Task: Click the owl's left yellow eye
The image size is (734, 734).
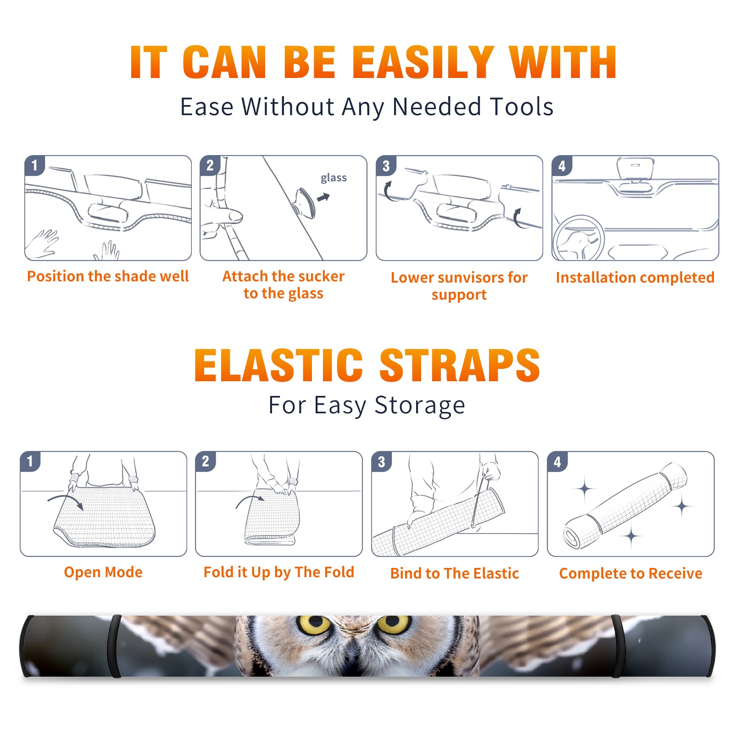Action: [315, 624]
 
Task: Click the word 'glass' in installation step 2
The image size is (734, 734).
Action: [334, 178]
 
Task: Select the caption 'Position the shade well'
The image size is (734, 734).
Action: [108, 276]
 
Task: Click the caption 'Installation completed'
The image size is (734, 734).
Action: [635, 278]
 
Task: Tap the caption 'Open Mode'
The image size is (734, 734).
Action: [103, 572]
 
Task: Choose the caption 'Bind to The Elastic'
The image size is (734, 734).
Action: [455, 573]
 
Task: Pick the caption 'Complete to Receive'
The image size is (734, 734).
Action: [631, 573]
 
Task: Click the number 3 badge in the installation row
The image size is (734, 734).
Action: [386, 166]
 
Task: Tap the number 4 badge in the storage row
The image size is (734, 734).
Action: [557, 462]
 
